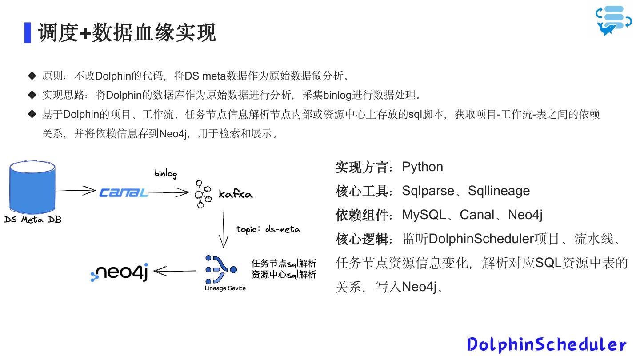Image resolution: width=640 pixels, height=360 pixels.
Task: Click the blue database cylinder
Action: point(32,187)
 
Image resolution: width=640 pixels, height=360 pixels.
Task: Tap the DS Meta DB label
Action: point(32,219)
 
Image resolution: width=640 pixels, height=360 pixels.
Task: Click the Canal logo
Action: point(123,192)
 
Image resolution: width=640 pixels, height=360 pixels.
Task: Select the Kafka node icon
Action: point(203,194)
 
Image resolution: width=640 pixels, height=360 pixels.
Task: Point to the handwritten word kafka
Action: point(235,194)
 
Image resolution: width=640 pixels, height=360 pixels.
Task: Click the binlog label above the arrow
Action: point(166,173)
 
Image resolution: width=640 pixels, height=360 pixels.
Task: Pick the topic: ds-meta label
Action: point(268,229)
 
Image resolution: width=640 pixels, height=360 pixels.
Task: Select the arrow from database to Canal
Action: point(76,191)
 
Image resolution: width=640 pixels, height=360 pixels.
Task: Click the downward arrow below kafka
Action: point(224,229)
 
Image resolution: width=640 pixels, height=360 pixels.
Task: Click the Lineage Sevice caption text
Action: point(225,288)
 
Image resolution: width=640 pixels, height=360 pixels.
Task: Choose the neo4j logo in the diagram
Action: point(120,271)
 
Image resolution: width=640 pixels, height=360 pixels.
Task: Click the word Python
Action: point(422,167)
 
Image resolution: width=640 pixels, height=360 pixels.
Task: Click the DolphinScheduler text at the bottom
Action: point(547,344)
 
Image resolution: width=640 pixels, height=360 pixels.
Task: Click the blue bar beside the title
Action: point(28,32)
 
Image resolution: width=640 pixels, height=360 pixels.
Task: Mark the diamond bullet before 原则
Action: point(32,76)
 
